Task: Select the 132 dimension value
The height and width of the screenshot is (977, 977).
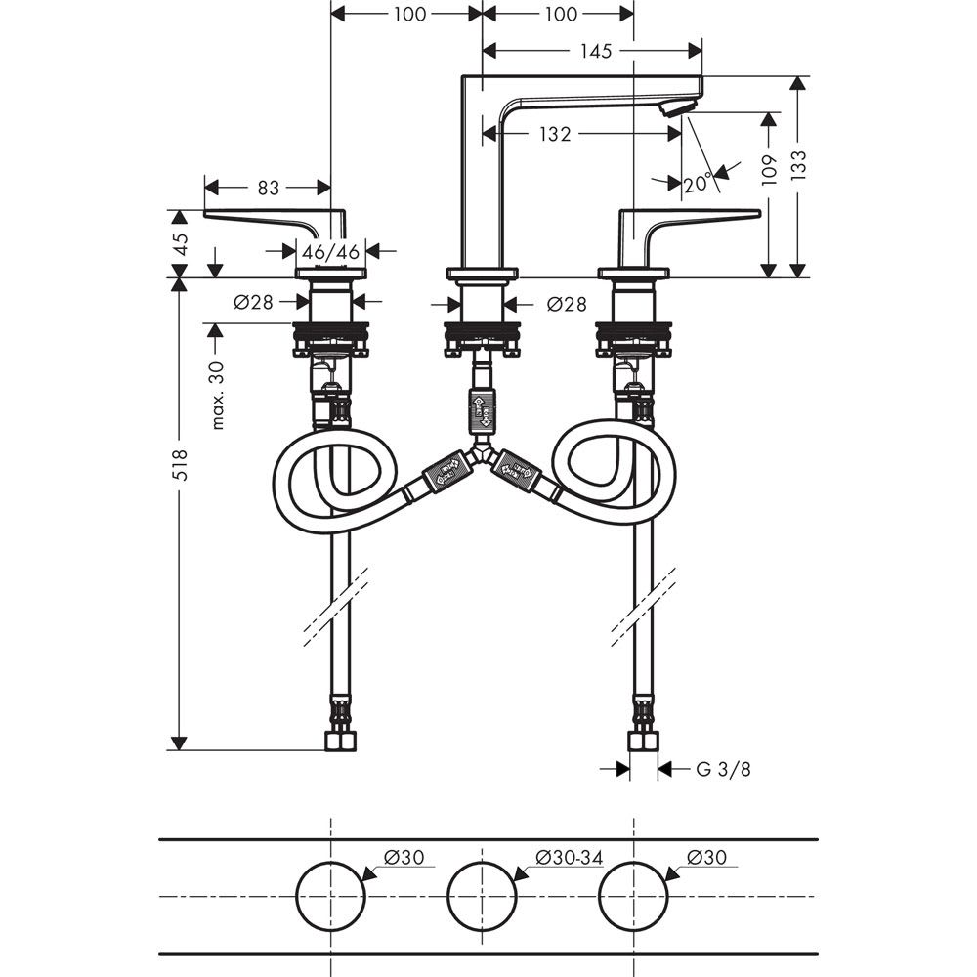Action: pyautogui.click(x=554, y=135)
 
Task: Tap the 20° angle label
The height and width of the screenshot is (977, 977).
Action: pyautogui.click(x=698, y=183)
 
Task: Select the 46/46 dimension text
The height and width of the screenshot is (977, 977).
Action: pyautogui.click(x=330, y=251)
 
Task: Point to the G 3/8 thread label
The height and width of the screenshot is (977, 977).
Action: pyautogui.click(x=724, y=769)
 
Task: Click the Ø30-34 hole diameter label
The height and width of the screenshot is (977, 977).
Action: pyautogui.click(x=570, y=857)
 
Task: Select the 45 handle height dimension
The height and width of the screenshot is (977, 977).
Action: pyautogui.click(x=178, y=244)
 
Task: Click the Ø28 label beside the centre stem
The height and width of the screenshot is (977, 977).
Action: pyautogui.click(x=567, y=304)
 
